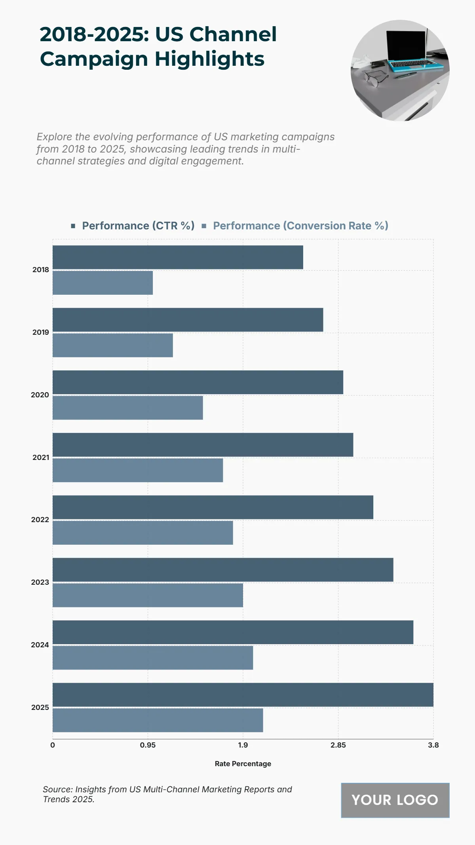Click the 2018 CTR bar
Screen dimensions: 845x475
[x=178, y=258]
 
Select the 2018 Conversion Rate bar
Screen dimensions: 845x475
[x=103, y=283]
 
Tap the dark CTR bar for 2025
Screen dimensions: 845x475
[x=243, y=695]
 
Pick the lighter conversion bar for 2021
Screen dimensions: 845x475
[x=138, y=470]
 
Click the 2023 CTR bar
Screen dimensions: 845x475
[x=223, y=570]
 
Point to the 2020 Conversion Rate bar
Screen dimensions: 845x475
[x=127, y=408]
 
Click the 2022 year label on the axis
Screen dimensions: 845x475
[x=40, y=520]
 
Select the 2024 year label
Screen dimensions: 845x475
[x=40, y=645]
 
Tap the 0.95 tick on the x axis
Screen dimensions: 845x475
[x=148, y=745]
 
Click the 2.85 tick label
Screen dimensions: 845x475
[x=338, y=745]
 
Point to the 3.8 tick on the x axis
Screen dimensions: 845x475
[x=433, y=745]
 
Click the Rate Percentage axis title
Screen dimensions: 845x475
[x=243, y=764]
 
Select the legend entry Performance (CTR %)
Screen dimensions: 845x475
[x=138, y=226]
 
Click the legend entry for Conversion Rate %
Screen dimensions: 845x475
[x=300, y=226]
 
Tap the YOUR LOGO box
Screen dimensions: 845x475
[x=395, y=800]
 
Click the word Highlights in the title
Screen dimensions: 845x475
[x=209, y=59]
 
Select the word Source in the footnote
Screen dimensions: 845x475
[x=57, y=789]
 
